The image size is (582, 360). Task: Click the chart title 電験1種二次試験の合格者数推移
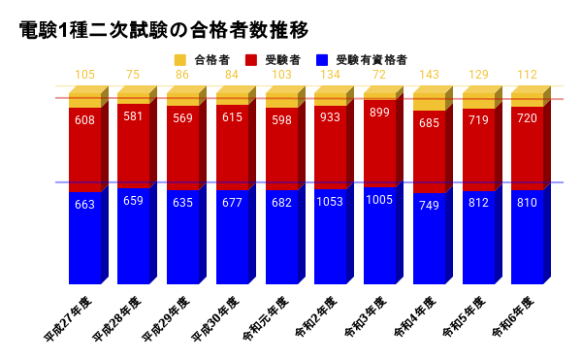point(164,30)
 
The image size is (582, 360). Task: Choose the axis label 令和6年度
point(510,314)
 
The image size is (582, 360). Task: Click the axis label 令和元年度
point(264,314)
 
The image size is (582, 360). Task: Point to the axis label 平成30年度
point(214,315)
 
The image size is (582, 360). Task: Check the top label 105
point(84,75)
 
